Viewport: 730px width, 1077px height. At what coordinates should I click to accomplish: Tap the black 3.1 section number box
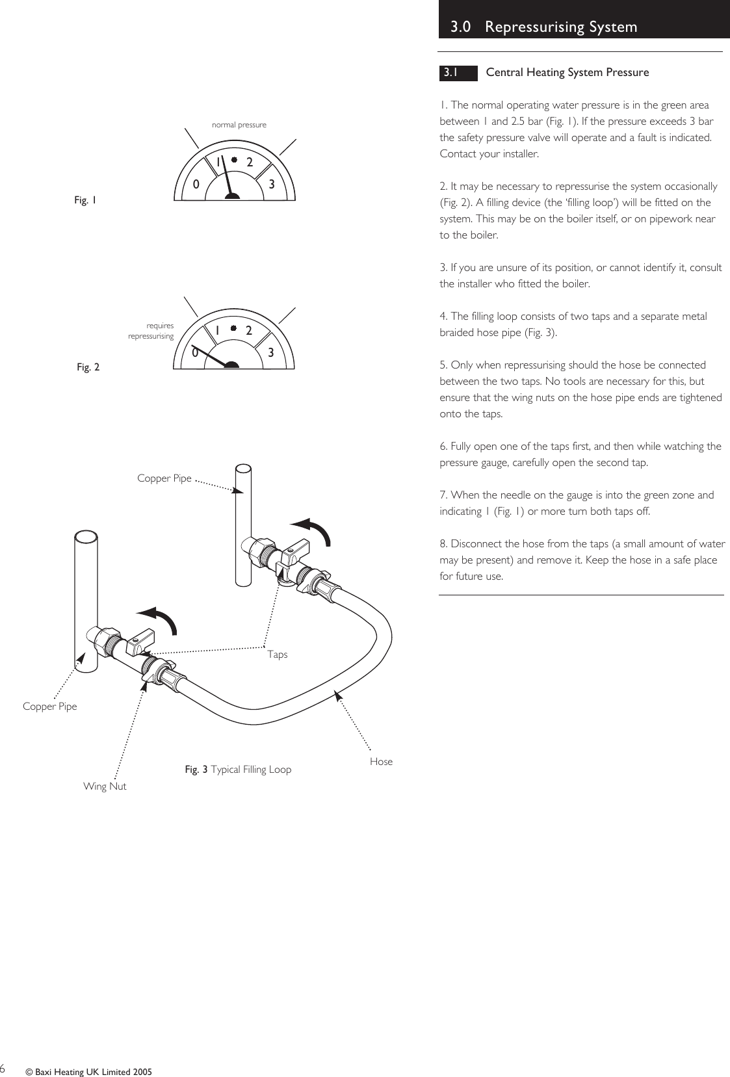point(458,73)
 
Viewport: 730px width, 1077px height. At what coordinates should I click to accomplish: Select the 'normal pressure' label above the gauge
point(239,125)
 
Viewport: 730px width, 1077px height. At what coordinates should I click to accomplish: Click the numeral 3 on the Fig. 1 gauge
point(272,185)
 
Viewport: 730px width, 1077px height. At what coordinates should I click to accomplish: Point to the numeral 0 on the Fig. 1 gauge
point(196,185)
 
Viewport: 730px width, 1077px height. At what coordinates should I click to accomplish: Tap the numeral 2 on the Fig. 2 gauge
point(249,330)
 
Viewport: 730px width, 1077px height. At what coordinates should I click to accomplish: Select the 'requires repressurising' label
point(152,331)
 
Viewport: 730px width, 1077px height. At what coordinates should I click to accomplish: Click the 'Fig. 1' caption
point(85,200)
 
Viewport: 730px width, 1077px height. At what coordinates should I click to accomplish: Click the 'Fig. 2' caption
point(88,367)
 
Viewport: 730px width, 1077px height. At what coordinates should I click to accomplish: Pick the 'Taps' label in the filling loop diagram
point(278,655)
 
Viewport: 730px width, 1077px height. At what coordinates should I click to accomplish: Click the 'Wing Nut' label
point(105,786)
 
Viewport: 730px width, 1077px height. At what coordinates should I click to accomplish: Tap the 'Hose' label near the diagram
point(381,762)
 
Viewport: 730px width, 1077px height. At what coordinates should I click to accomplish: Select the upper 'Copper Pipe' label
point(164,478)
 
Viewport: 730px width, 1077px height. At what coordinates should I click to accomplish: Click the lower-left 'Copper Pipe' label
point(49,707)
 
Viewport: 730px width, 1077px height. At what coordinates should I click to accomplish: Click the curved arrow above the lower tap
point(160,618)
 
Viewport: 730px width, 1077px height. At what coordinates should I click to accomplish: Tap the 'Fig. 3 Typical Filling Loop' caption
point(238,770)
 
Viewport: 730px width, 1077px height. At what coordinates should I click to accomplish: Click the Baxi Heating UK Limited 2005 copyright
point(88,1072)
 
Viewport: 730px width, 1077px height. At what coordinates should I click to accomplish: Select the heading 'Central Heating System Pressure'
point(567,73)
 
